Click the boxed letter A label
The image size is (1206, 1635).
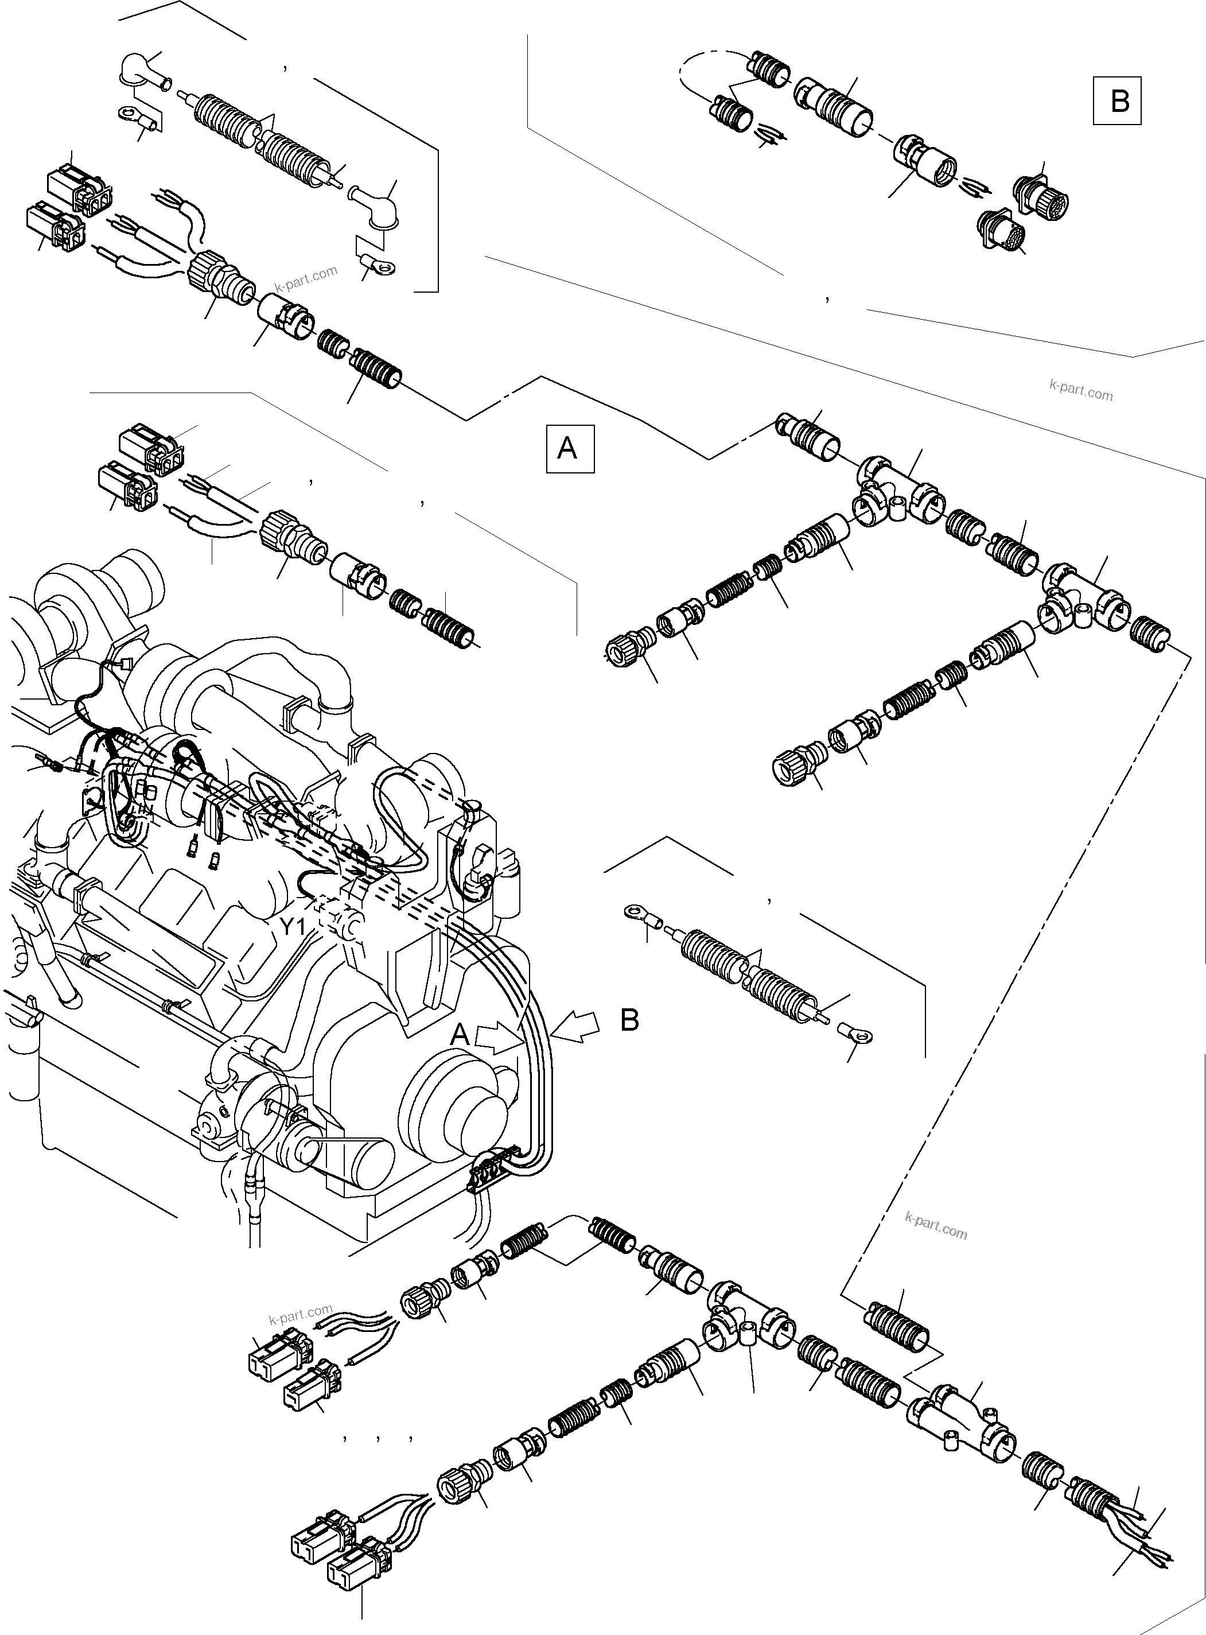[x=569, y=448]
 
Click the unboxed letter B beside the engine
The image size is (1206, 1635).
[x=629, y=1021]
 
